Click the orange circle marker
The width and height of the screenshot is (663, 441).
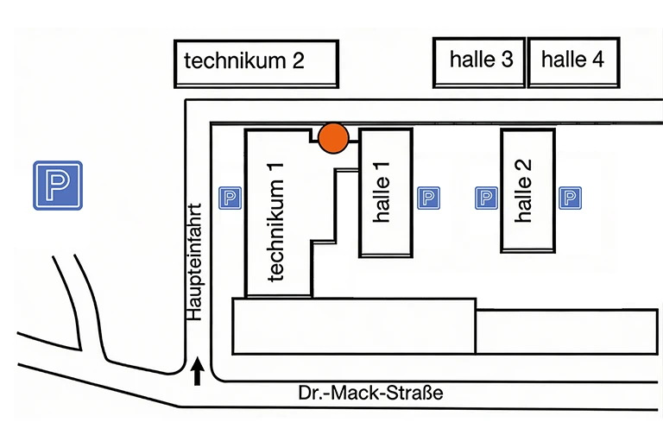click(x=333, y=138)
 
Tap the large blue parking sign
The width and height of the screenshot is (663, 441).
click(x=58, y=186)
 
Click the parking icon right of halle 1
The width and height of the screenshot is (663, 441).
click(x=428, y=198)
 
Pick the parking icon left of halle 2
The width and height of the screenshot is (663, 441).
click(x=487, y=198)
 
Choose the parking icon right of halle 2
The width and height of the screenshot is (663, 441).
click(x=570, y=198)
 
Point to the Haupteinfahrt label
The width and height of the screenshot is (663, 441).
click(x=196, y=261)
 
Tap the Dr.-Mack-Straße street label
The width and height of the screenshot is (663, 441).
click(x=370, y=394)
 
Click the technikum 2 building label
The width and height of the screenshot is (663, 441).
click(x=244, y=62)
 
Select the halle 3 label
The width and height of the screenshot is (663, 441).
click(x=481, y=60)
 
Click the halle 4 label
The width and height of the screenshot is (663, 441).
click(x=572, y=60)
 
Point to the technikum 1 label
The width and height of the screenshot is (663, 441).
click(x=277, y=221)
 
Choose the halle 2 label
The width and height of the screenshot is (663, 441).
click(x=524, y=191)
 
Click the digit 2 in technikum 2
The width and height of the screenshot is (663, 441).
click(x=298, y=62)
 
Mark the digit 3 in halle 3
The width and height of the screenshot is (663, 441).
click(x=508, y=60)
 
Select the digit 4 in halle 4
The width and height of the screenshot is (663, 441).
click(x=598, y=60)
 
